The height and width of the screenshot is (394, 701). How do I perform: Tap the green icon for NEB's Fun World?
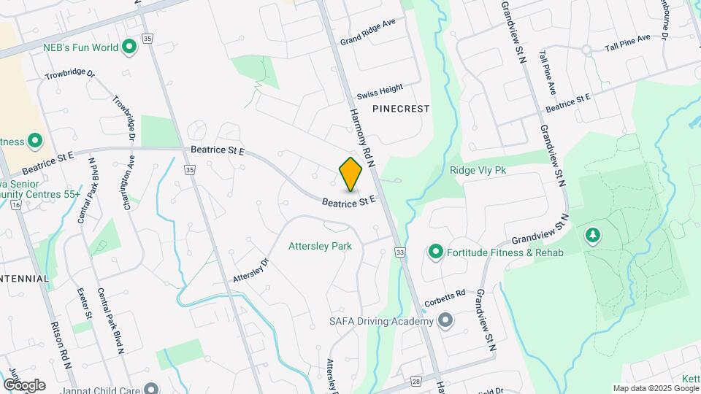coord(130,48)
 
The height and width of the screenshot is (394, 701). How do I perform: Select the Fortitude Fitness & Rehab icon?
coord(436,252)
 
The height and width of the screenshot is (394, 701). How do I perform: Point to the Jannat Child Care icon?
coord(151,389)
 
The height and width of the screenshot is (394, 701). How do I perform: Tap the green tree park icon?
coord(593,235)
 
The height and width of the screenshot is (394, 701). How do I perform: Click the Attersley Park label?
coord(320,246)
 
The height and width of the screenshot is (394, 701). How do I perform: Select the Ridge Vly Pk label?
coord(478,170)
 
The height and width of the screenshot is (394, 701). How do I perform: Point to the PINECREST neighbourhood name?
coord(401,108)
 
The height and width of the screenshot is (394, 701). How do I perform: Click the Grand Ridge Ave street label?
coord(367,32)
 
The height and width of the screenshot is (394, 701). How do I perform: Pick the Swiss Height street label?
coord(380,92)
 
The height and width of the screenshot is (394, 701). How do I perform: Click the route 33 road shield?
coord(399,252)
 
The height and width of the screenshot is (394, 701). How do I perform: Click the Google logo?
coord(24,385)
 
